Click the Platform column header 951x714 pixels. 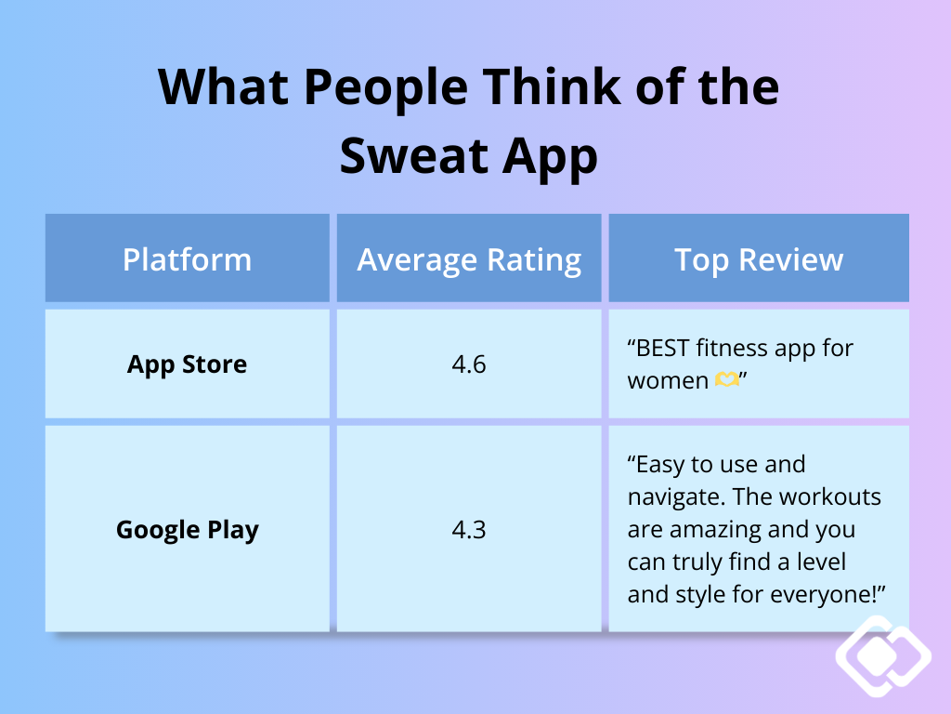pyautogui.click(x=187, y=259)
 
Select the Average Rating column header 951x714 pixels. pyautogui.click(x=469, y=259)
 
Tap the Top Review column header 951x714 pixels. pyautogui.click(x=759, y=259)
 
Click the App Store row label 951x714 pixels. pyautogui.click(x=187, y=364)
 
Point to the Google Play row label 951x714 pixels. pyautogui.click(x=187, y=530)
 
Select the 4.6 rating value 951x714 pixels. pyautogui.click(x=469, y=364)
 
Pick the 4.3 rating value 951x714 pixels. pyautogui.click(x=469, y=530)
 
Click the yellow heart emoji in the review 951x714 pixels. pyautogui.click(x=727, y=380)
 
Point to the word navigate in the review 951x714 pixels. pyautogui.click(x=673, y=497)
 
